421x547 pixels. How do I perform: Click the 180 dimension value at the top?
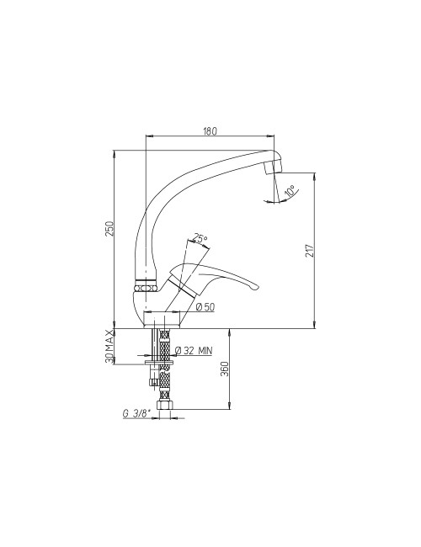[210, 131]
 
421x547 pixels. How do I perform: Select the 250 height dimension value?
[110, 228]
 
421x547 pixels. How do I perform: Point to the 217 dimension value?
[310, 251]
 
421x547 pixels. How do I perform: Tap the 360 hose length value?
[225, 369]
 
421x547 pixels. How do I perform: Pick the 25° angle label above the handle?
[200, 239]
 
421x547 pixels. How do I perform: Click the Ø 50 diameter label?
[205, 307]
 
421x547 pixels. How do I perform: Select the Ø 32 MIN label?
[193, 351]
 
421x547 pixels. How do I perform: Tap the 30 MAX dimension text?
[110, 347]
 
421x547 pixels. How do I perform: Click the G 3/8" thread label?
[136, 414]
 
